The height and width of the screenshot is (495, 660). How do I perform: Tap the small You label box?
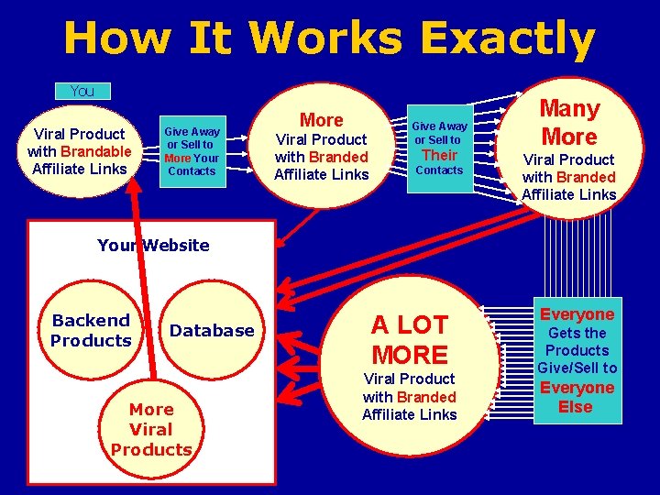[x=82, y=91]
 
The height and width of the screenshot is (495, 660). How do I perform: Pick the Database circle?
[x=212, y=330]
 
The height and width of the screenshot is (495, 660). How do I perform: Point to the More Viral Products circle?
[x=151, y=428]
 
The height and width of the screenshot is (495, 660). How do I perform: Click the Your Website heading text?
[x=153, y=245]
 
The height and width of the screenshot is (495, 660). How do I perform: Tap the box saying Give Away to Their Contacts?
[x=439, y=147]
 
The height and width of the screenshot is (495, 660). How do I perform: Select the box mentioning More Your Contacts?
[x=192, y=150]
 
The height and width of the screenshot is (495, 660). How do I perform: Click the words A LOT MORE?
[x=409, y=339]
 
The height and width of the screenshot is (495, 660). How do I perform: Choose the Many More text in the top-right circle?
[x=568, y=123]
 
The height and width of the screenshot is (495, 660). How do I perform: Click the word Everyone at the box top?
[x=577, y=314]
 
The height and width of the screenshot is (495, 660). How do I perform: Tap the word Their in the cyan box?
[x=439, y=155]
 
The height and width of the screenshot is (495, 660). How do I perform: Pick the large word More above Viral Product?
[x=321, y=120]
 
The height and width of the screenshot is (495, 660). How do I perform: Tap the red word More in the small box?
[x=177, y=158]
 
